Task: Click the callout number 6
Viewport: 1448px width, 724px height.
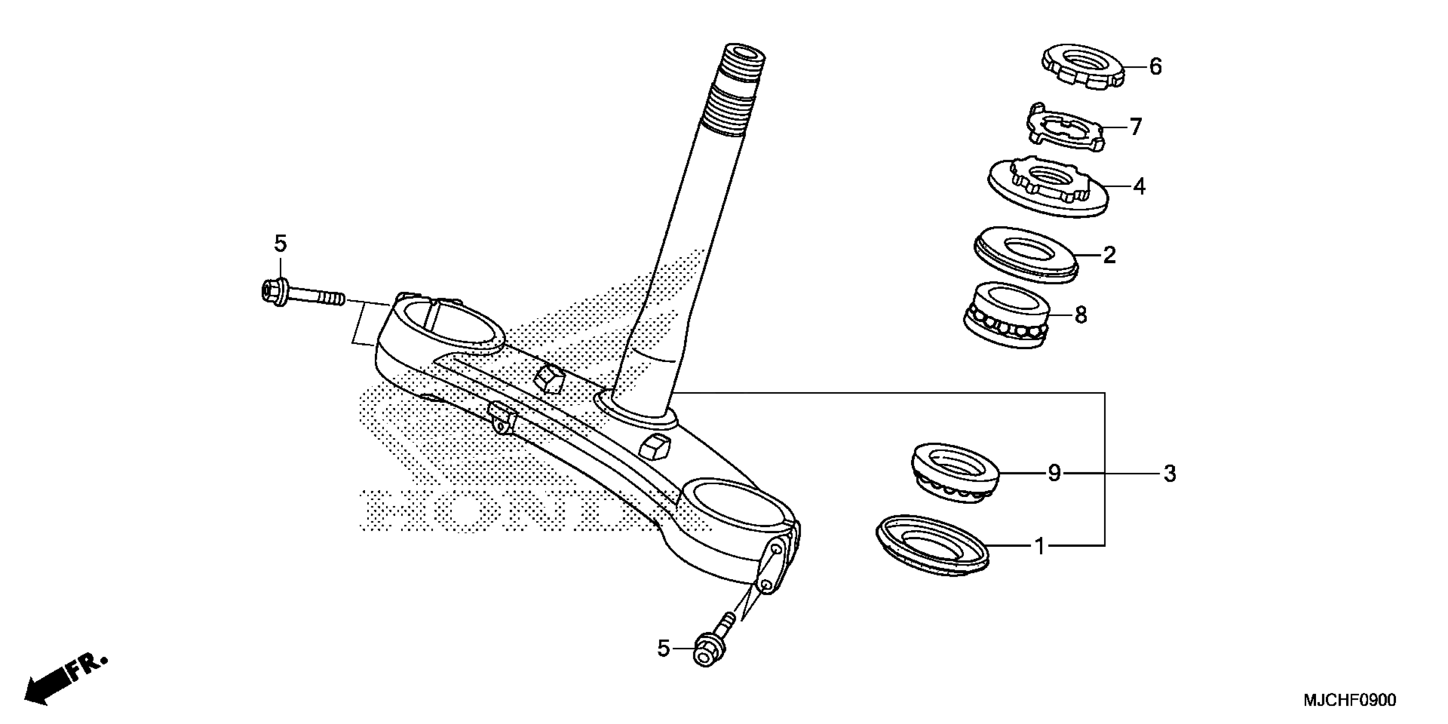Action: click(x=1155, y=67)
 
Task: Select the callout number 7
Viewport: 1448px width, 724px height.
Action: click(x=1136, y=127)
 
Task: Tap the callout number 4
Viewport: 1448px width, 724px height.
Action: click(x=1139, y=187)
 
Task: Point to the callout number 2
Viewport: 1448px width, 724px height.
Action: click(x=1109, y=255)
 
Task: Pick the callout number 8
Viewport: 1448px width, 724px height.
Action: click(x=1080, y=315)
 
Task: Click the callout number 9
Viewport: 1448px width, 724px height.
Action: click(x=1054, y=473)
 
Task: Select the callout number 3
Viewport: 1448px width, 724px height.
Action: click(x=1169, y=474)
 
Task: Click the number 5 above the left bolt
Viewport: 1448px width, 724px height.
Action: click(x=280, y=244)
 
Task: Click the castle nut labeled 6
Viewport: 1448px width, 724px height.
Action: click(x=1083, y=66)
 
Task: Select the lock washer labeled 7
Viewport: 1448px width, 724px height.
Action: click(x=1066, y=126)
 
